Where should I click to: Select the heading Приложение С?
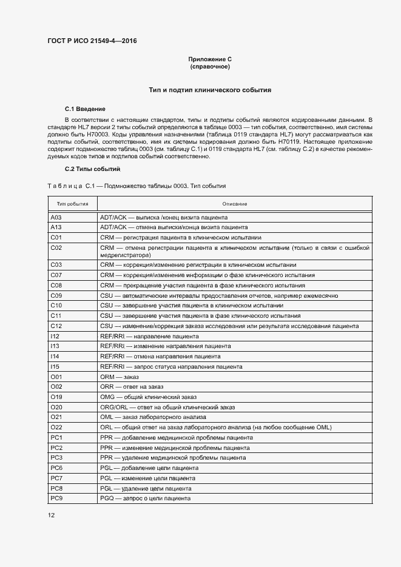(210, 59)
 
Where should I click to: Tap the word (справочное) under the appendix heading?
(210, 66)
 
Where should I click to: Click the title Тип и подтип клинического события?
(210, 90)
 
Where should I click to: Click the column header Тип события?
(72, 204)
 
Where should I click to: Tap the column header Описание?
(234, 204)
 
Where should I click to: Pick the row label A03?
(56, 216)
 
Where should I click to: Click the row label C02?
(56, 248)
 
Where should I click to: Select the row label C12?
(56, 326)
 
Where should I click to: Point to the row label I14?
(55, 357)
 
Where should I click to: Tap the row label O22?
(56, 428)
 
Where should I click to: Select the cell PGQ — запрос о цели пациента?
(145, 498)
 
